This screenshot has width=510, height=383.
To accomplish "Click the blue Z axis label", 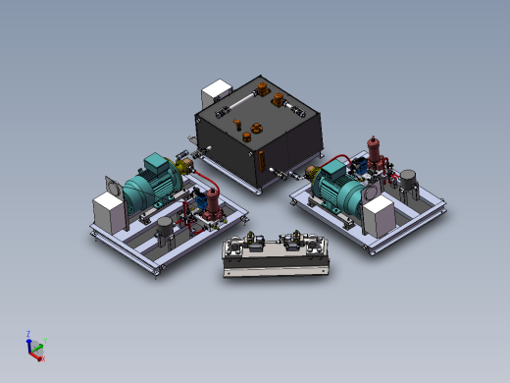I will (x=28, y=334).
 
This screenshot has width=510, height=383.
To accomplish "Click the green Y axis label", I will (x=45, y=341).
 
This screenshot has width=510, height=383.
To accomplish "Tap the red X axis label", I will (x=41, y=358).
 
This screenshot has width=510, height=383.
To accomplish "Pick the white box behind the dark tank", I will (x=215, y=94).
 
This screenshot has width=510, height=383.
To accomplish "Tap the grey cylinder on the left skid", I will (x=164, y=232).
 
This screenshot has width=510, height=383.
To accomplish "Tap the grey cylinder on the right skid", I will (x=408, y=182).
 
